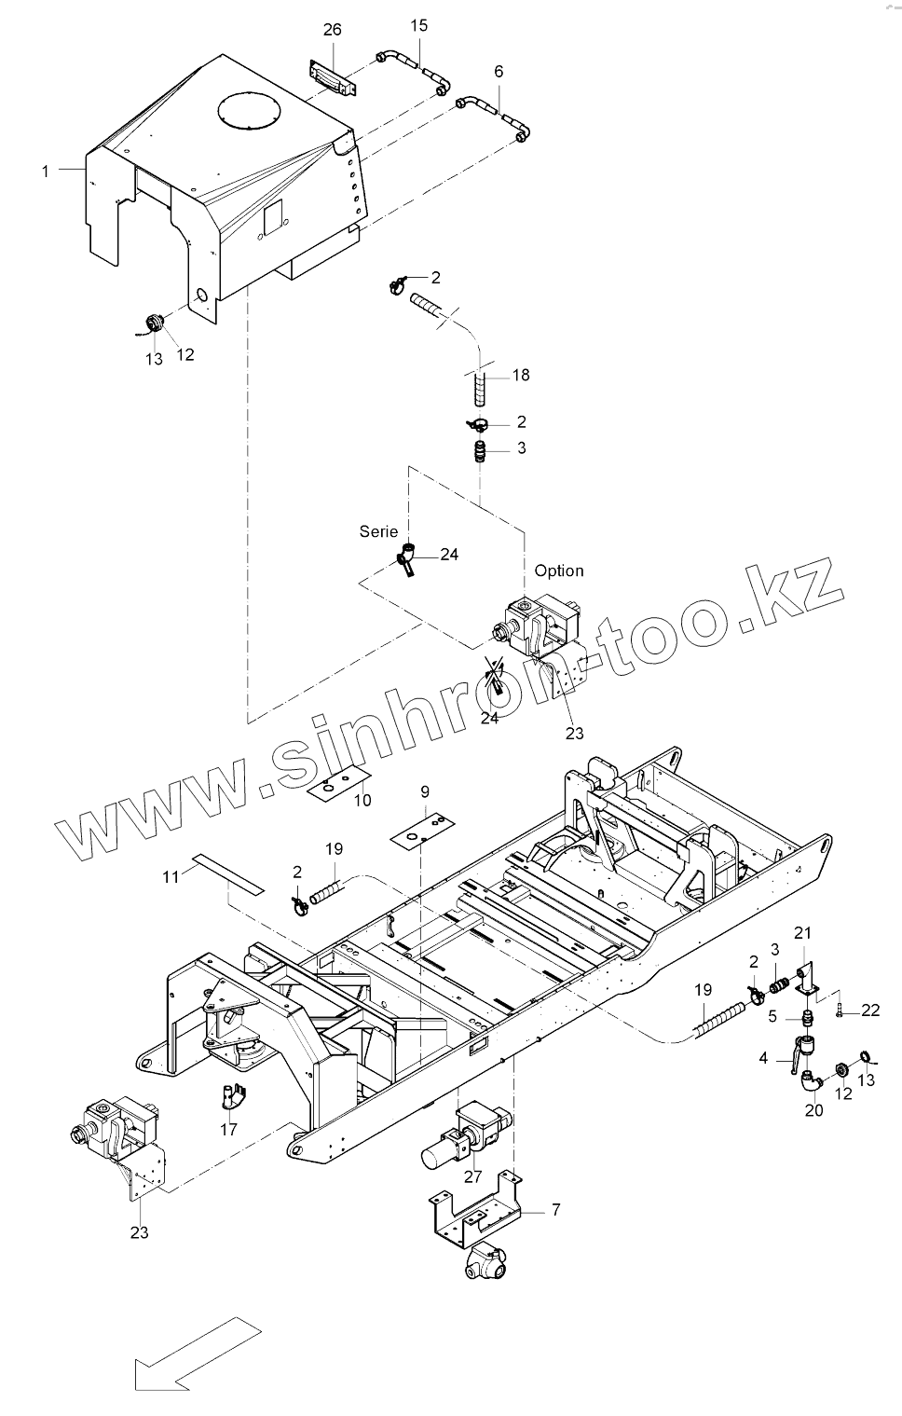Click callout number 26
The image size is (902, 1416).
click(333, 30)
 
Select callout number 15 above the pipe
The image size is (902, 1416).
click(419, 25)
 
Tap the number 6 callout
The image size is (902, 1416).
click(499, 72)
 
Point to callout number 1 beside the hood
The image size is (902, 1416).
click(45, 171)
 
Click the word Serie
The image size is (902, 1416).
click(379, 530)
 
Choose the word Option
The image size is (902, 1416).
click(559, 571)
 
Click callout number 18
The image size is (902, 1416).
click(520, 375)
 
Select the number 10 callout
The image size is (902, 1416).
click(362, 800)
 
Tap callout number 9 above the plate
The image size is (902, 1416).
click(425, 791)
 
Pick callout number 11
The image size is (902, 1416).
click(171, 876)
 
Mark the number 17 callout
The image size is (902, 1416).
click(228, 1129)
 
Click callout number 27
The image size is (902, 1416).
click(473, 1176)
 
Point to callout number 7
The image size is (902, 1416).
click(556, 1210)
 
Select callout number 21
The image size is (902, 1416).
click(802, 932)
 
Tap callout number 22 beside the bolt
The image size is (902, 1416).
click(870, 1010)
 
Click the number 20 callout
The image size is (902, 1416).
click(813, 1110)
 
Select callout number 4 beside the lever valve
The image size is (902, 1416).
click(764, 1058)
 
